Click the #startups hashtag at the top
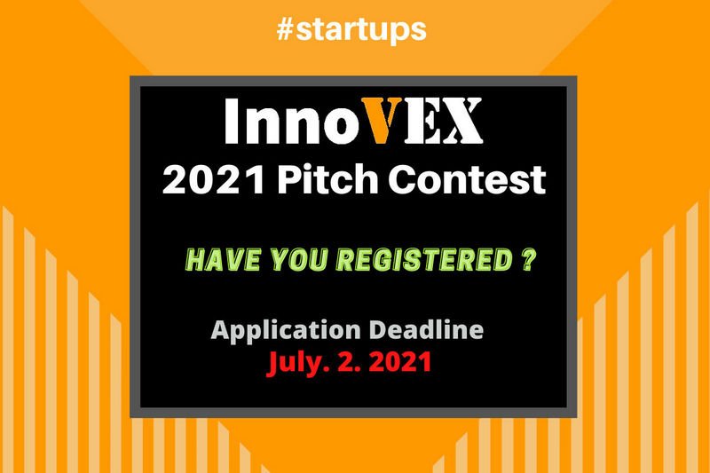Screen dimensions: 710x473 (351, 30)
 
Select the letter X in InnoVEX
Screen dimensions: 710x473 (461, 122)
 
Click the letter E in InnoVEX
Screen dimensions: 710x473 (422, 122)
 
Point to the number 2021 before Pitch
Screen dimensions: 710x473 (214, 179)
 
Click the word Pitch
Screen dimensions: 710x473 (327, 179)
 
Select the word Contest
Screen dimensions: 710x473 (467, 179)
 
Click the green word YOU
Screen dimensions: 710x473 (299, 260)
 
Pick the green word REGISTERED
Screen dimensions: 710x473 (425, 260)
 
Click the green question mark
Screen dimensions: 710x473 (529, 259)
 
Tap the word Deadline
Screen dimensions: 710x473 (427, 329)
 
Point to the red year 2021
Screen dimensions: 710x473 (400, 363)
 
